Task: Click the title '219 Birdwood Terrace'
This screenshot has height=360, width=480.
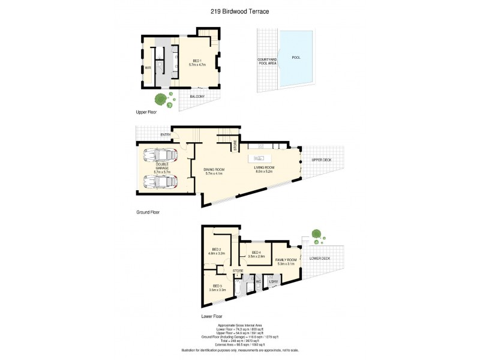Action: point(240,11)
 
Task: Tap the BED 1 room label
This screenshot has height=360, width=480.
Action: point(197,61)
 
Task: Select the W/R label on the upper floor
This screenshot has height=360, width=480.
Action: point(148,68)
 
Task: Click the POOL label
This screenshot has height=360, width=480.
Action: point(296,58)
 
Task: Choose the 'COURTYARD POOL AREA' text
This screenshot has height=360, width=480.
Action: point(266,61)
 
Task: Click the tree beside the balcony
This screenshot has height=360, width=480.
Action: point(161,100)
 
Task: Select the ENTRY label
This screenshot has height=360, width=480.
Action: point(166,134)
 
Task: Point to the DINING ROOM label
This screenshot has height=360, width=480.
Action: point(214,170)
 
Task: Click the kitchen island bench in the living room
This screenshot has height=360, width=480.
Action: point(263,159)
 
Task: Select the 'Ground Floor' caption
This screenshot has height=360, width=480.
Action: point(148,212)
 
